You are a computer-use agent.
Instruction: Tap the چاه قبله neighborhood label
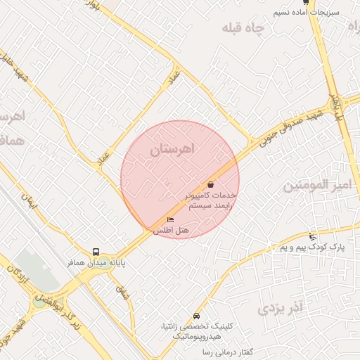tap(243, 29)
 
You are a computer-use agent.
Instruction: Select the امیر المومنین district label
tap(316, 186)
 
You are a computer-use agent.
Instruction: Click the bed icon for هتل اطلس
tap(170, 220)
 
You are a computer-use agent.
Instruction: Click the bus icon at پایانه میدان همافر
tap(96, 252)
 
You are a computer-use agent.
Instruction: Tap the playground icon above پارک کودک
tap(312, 236)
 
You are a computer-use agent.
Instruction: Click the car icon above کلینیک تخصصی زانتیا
tap(195, 316)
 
